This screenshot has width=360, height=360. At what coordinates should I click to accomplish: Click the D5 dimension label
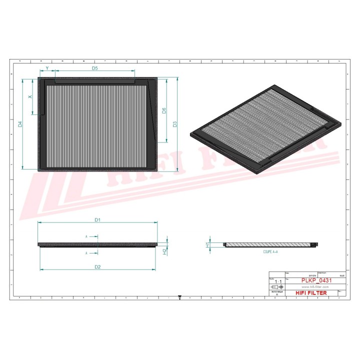pos(94,67)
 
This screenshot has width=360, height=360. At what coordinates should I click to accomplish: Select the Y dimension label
pos(47,67)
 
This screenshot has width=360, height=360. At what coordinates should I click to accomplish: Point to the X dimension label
pos(30,96)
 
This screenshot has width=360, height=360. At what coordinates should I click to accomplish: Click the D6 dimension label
pos(164,110)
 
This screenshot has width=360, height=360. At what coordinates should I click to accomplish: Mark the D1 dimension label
pos(98,220)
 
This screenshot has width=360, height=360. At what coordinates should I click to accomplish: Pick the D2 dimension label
pos(98,267)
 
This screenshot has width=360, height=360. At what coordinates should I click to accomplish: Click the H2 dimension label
pos(164,251)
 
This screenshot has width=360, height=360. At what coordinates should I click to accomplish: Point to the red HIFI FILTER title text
pos(311,293)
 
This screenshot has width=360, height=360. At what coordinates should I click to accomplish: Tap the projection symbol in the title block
pos(276,288)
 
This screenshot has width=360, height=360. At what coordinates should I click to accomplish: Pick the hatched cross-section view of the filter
pos(270,244)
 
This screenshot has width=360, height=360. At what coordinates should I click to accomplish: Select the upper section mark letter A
pos(86,236)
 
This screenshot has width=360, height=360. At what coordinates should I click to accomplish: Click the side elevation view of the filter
pos(98,244)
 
